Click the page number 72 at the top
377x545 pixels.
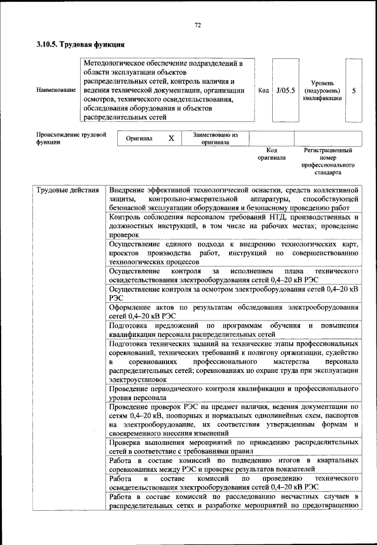(x=198, y=25)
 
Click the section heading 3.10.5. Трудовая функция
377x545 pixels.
(x=81, y=44)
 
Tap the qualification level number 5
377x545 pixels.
(x=353, y=91)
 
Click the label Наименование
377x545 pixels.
(x=56, y=90)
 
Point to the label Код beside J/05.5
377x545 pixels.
(x=263, y=90)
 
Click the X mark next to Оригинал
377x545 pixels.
(x=171, y=138)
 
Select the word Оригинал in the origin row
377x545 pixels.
(x=140, y=138)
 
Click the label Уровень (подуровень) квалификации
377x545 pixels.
(x=322, y=91)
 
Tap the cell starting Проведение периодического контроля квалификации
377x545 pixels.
(x=234, y=393)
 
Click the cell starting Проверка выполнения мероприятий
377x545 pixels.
(x=234, y=447)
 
